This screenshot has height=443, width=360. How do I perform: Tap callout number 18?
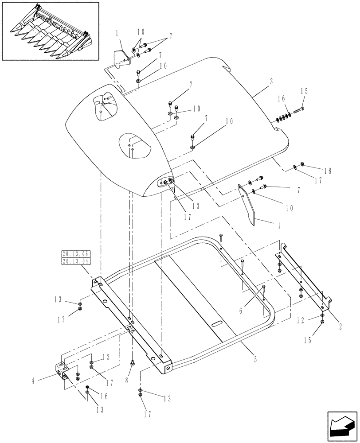328,171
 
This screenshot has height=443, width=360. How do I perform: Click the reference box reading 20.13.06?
76,254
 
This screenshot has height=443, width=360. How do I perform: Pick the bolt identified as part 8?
132,363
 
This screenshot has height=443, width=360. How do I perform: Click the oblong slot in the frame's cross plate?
220,324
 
